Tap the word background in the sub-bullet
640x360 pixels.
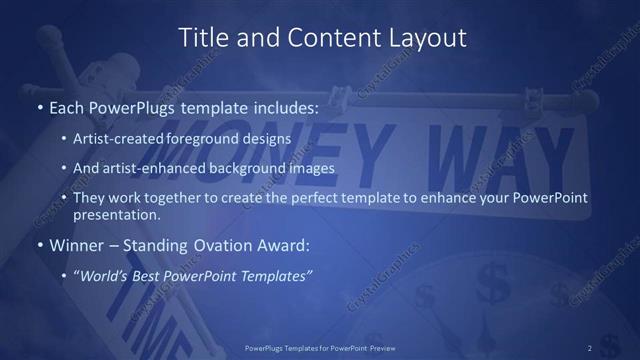pyautogui.click(x=259, y=168)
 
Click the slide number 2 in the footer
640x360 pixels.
pyautogui.click(x=590, y=347)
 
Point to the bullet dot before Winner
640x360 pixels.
pyautogui.click(x=39, y=244)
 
